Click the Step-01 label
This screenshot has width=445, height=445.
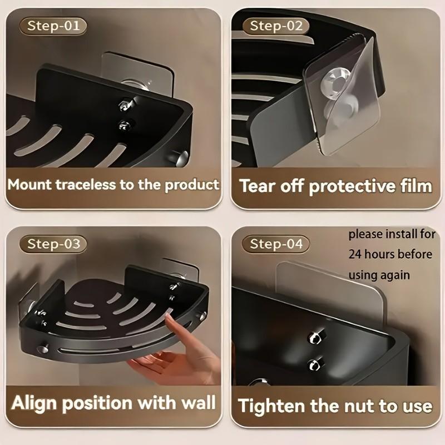click(53, 26)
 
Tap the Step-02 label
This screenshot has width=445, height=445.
click(276, 26)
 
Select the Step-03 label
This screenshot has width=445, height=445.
click(53, 244)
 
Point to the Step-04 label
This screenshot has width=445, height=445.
click(276, 244)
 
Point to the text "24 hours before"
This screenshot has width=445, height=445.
click(390, 255)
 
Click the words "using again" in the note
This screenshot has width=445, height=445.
click(379, 275)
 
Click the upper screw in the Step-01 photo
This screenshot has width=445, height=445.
click(126, 103)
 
